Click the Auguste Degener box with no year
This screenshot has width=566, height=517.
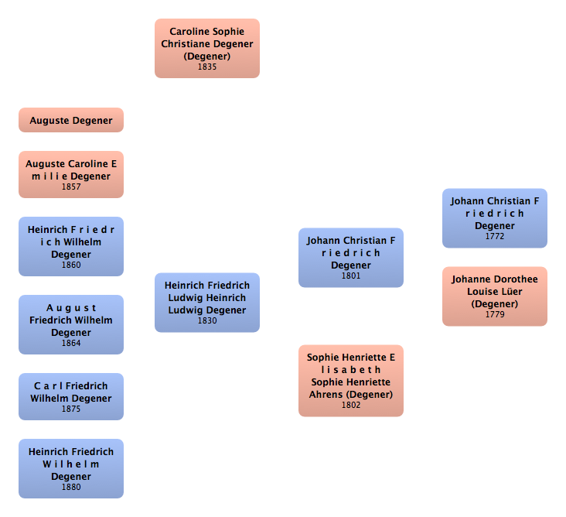click(x=71, y=120)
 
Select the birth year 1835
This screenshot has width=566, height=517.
click(x=206, y=67)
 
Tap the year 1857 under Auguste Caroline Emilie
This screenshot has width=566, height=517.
click(x=71, y=187)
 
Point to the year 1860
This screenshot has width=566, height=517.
click(x=71, y=265)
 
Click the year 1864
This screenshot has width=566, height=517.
click(x=71, y=343)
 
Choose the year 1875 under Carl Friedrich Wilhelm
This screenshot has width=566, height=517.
click(x=71, y=409)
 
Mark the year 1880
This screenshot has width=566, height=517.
click(x=71, y=487)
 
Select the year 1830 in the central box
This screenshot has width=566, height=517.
click(x=206, y=320)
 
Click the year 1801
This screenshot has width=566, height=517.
click(x=351, y=276)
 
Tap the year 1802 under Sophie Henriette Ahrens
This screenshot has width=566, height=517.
click(x=351, y=405)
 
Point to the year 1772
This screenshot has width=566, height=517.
click(x=495, y=236)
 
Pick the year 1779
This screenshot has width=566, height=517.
click(x=495, y=314)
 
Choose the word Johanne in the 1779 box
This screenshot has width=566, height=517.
click(x=472, y=279)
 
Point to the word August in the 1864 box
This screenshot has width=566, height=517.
click(x=71, y=307)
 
